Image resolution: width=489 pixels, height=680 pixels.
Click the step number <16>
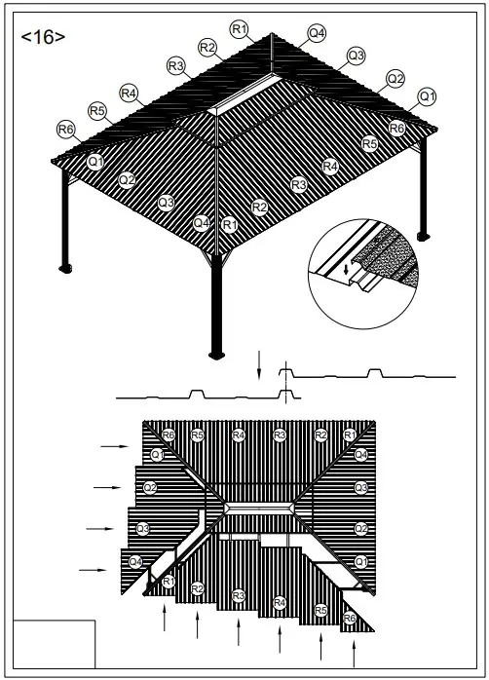pyautogui.click(x=43, y=37)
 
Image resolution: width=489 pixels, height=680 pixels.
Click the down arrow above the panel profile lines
pyautogui.click(x=259, y=365)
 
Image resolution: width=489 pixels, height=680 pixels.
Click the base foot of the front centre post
pyautogui.click(x=216, y=353)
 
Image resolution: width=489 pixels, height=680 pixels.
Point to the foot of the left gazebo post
pyautogui.click(x=66, y=266)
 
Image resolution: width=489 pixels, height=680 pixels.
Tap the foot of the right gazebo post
pyautogui.click(x=423, y=235)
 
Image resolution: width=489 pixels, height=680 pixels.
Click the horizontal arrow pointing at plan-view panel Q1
pyautogui.click(x=116, y=445)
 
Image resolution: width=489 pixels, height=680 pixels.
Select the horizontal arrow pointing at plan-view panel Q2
pyautogui.click(x=108, y=486)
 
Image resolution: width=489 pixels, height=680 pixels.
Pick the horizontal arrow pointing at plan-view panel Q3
pyautogui.click(x=100, y=528)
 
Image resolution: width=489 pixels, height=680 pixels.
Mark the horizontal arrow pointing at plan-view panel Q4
pyautogui.click(x=93, y=569)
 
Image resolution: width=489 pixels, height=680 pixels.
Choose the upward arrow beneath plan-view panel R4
pyautogui.click(x=280, y=639)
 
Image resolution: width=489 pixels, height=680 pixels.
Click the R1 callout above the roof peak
pyautogui.click(x=240, y=28)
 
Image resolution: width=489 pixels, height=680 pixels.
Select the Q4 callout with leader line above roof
pyautogui.click(x=317, y=33)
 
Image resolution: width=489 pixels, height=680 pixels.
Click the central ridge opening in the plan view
pyautogui.click(x=257, y=509)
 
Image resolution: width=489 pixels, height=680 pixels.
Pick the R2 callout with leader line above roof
pyautogui.click(x=207, y=47)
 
